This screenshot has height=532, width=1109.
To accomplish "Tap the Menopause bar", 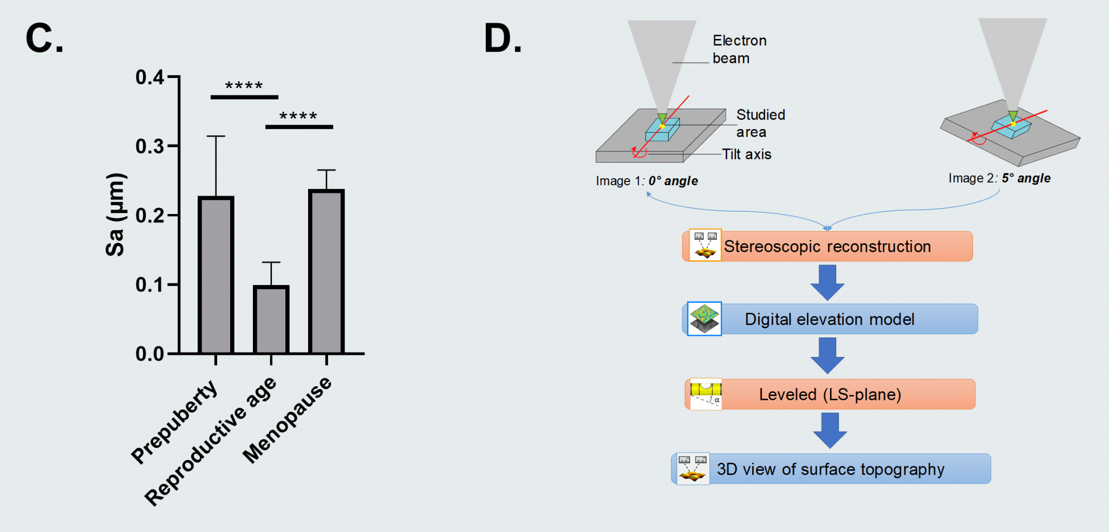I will point(326,272).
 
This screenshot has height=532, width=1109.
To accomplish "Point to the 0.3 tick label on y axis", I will point(149,146).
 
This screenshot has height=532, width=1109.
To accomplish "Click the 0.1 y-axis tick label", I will point(149,285).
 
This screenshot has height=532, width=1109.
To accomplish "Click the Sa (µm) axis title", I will point(115,215).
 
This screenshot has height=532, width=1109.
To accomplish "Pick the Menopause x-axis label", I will point(287,420).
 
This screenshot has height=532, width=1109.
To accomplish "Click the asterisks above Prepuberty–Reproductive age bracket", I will point(244,86).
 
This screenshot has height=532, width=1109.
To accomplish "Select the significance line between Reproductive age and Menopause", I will point(299,127).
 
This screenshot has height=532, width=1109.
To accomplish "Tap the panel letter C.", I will point(44,39).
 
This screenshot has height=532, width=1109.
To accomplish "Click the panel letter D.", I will point(503,39).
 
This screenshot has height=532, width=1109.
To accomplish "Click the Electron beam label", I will point(739,49).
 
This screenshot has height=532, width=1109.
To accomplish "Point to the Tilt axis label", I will point(746,154).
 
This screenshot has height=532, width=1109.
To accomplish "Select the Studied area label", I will point(760,123).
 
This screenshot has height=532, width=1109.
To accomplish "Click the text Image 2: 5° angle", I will point(999,178).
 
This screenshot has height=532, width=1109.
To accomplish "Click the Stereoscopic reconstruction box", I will point(827,246).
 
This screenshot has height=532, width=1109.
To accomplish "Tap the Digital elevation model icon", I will point(704,319).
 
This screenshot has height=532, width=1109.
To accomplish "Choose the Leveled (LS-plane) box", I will point(830,394).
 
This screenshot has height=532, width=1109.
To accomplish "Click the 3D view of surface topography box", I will point(831,469).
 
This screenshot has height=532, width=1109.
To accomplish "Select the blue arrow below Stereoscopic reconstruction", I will point(827,282).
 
